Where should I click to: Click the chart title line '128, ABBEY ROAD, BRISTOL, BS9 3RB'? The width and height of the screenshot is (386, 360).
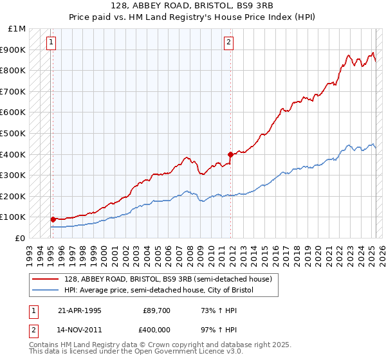click(x=193, y=6)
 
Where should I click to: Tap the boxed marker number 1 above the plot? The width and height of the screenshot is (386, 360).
click(x=51, y=43)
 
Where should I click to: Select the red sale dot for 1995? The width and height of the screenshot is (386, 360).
click(x=53, y=219)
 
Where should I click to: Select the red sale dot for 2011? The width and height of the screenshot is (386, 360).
click(x=230, y=154)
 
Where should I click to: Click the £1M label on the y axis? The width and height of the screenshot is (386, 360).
click(x=17, y=29)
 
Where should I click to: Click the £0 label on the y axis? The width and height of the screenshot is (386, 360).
click(x=21, y=238)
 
